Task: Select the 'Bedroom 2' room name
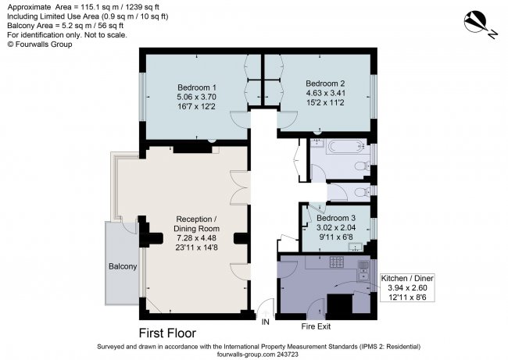pos(325,84)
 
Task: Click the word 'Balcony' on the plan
pos(123,267)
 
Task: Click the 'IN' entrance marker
pos(266,321)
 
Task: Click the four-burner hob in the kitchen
pos(338,261)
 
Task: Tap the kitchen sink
pos(363,271)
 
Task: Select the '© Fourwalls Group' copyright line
pos(41,45)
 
